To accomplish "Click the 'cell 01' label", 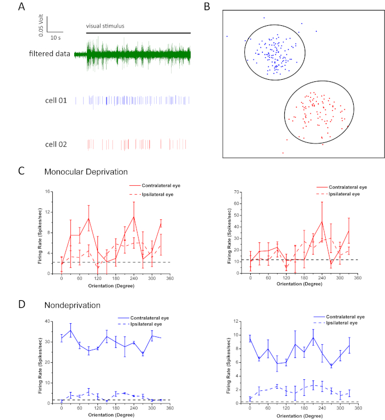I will [56, 101].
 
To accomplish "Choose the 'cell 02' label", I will [56, 144].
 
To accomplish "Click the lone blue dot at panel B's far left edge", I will [227, 36].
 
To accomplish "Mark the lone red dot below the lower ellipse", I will [283, 153].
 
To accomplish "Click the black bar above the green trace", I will [138, 32].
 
